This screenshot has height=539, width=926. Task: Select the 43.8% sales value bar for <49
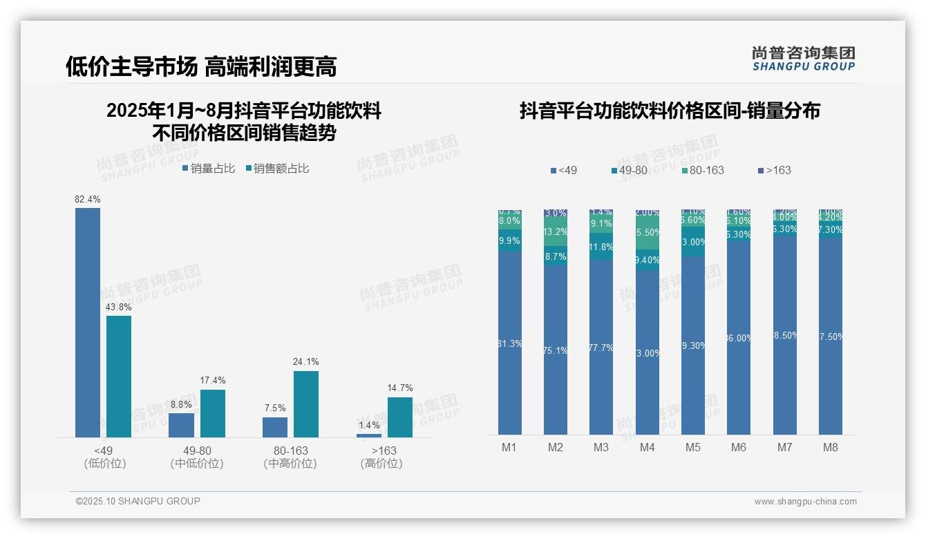click(x=119, y=376)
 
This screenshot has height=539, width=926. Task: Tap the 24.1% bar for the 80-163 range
click(x=306, y=404)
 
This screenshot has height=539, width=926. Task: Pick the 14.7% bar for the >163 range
click(x=399, y=417)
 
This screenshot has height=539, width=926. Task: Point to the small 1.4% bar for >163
click(x=369, y=435)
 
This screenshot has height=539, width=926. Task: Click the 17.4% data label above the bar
click(x=213, y=381)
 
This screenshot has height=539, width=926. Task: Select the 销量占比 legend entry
click(x=209, y=169)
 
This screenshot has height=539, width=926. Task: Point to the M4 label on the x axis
click(x=647, y=447)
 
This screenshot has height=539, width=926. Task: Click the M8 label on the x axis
click(x=831, y=447)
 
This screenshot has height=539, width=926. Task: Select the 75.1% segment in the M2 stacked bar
click(x=556, y=350)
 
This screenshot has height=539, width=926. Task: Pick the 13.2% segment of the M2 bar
click(x=556, y=232)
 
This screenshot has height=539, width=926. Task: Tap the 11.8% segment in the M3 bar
click(x=601, y=247)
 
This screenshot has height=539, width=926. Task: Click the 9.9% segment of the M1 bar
click(x=509, y=240)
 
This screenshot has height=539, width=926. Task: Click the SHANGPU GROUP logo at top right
click(x=803, y=59)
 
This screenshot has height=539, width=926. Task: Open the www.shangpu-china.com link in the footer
click(x=805, y=502)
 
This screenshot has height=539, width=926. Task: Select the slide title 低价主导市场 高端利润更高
click(x=201, y=66)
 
